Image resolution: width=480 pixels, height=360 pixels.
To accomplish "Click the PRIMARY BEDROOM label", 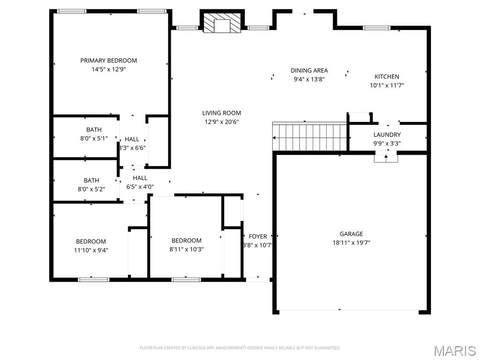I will (108, 60).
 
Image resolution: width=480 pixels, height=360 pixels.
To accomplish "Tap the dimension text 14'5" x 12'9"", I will (108, 69).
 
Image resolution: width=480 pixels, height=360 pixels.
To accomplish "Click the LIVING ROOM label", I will (221, 113).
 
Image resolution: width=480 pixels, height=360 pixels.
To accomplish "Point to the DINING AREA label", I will (309, 71).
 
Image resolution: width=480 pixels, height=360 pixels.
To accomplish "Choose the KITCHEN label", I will (387, 77).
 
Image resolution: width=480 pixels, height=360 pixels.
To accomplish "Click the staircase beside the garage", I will (309, 137).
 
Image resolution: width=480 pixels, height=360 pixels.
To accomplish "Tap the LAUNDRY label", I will (387, 135).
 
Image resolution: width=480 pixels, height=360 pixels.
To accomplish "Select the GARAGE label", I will (351, 234).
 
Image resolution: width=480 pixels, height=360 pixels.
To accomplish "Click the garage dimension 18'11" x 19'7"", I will (351, 243).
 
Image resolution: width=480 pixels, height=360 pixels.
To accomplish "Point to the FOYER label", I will (258, 237).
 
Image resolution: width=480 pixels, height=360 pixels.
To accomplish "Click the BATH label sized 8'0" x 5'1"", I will (94, 130).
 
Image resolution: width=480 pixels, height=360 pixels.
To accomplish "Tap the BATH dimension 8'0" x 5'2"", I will (91, 189).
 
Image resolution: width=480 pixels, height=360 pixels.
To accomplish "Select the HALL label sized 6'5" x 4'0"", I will (140, 178).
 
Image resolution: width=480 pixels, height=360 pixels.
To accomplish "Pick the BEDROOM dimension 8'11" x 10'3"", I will (186, 249).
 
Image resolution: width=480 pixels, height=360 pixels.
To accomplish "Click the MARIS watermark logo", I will (454, 351).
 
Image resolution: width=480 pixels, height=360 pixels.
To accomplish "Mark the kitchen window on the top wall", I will (376, 28).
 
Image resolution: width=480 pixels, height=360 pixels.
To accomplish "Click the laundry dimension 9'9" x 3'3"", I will (387, 144).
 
